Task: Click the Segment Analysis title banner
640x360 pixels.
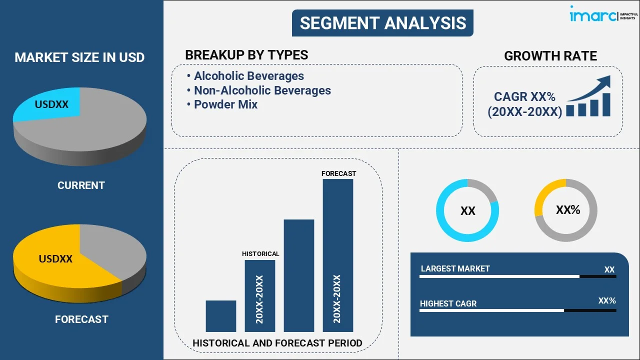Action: pos(382,23)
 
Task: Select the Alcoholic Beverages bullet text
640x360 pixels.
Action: pos(249,76)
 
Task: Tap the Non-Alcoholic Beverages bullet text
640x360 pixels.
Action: pos(262,90)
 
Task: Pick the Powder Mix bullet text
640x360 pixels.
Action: pos(225,104)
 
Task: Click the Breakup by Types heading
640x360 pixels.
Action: pos(246,55)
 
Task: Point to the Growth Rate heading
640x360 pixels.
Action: pos(550,56)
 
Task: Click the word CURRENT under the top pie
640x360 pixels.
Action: pos(81,185)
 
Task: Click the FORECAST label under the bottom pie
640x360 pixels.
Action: pos(81,319)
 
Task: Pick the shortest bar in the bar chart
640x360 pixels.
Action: pos(220,315)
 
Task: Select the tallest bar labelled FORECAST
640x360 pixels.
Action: pos(338,255)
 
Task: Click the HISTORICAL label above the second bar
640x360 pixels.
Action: pos(260,254)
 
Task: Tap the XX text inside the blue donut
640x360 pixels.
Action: pos(467,211)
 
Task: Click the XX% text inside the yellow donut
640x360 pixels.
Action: pos(568,210)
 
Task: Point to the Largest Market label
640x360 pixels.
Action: pos(455,269)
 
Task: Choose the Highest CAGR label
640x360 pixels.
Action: pos(448,303)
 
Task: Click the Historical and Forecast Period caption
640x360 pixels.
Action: pos(277,343)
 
